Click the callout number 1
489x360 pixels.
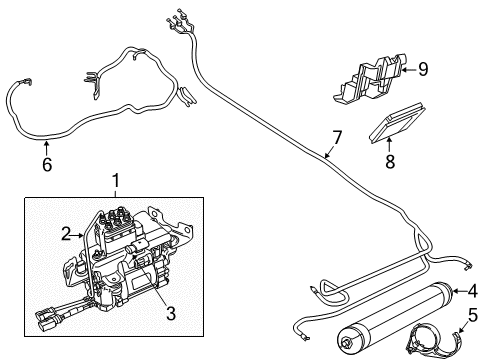pyautogui.click(x=116, y=181)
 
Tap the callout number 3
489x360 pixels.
pyautogui.click(x=170, y=313)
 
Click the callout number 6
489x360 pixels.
pyautogui.click(x=45, y=165)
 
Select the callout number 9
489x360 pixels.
pyautogui.click(x=423, y=69)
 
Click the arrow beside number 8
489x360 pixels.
pyautogui.click(x=389, y=143)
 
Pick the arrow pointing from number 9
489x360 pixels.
pyautogui.click(x=405, y=69)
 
